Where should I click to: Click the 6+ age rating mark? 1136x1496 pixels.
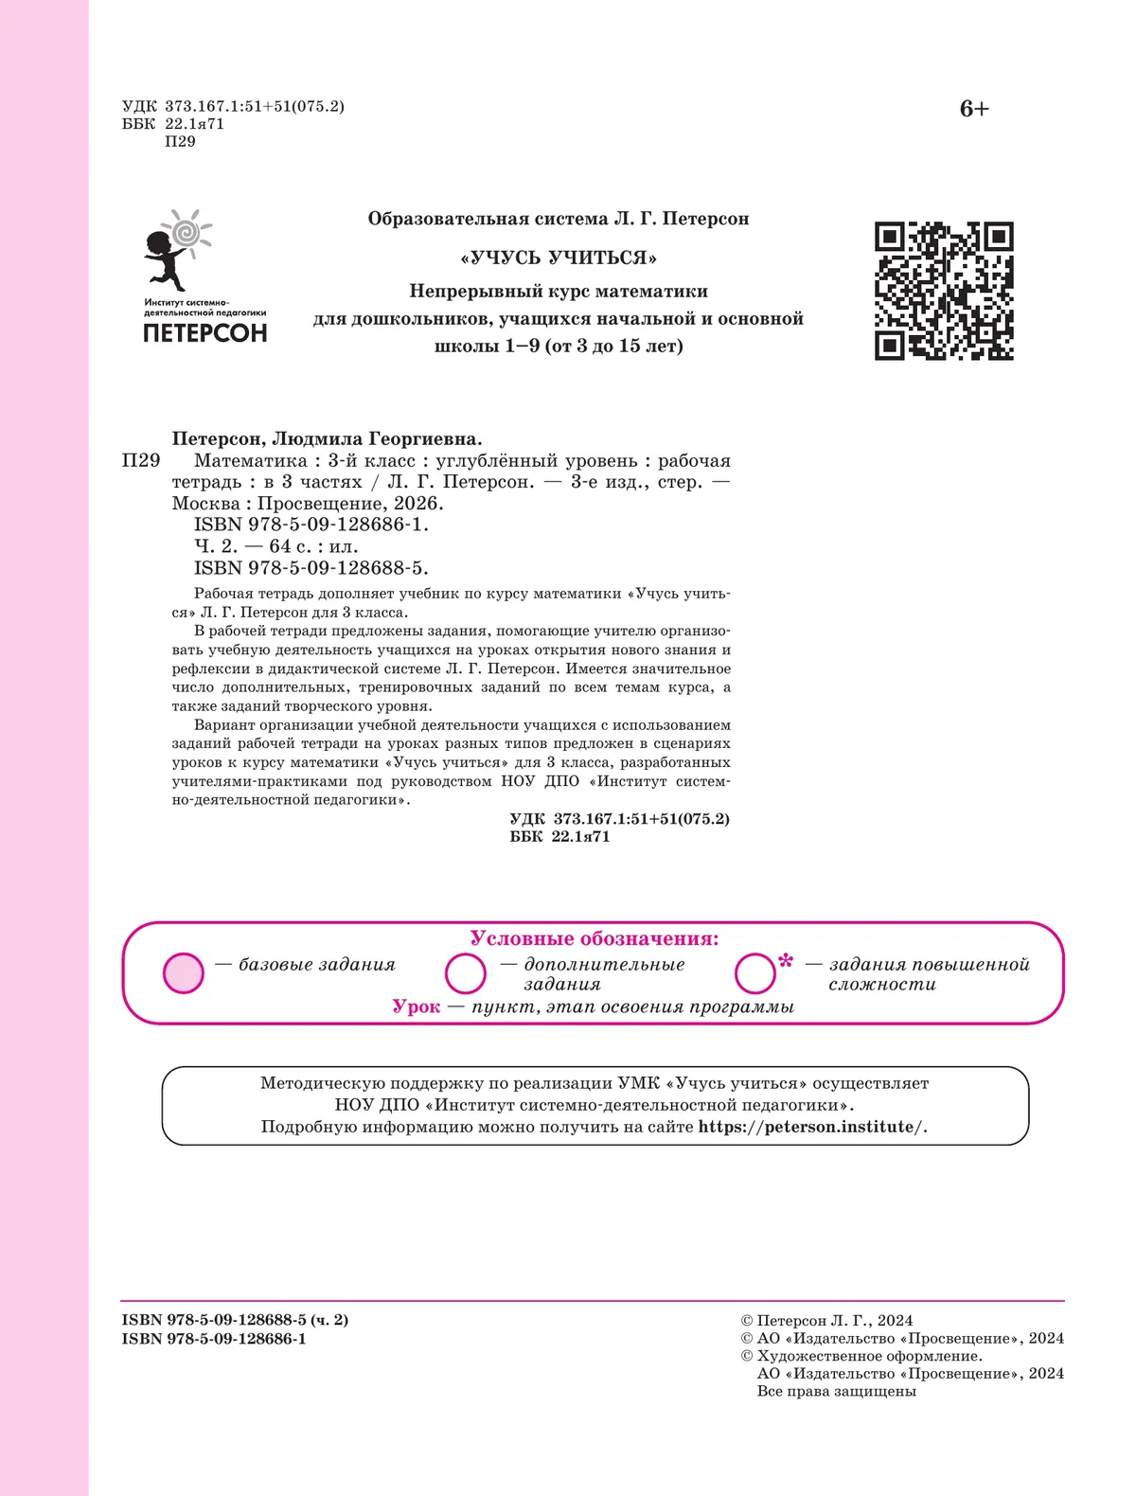pyautogui.click(x=974, y=109)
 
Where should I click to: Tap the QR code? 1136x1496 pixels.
pyautogui.click(x=944, y=291)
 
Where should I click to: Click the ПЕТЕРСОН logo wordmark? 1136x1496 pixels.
pyautogui.click(x=204, y=333)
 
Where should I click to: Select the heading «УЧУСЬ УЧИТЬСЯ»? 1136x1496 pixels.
pyautogui.click(x=559, y=258)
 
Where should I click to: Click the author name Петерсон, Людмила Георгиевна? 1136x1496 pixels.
pyautogui.click(x=327, y=438)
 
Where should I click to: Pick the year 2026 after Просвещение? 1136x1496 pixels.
pyautogui.click(x=418, y=504)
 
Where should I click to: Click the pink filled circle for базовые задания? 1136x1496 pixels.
pyautogui.click(x=184, y=973)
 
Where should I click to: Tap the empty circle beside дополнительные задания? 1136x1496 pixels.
pyautogui.click(x=466, y=973)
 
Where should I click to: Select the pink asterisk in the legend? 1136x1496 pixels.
pyautogui.click(x=785, y=963)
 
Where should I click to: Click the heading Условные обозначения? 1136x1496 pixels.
pyautogui.click(x=595, y=938)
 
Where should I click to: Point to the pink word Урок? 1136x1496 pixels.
pyautogui.click(x=417, y=1006)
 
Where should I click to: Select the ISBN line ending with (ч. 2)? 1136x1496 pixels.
pyautogui.click(x=235, y=1320)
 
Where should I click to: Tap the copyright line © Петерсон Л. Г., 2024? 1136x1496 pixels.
pyautogui.click(x=826, y=1320)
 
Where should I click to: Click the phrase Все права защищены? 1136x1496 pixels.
pyautogui.click(x=837, y=1391)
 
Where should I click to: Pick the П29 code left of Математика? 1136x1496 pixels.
pyautogui.click(x=141, y=461)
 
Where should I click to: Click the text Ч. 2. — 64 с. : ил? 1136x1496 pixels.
pyautogui.click(x=276, y=546)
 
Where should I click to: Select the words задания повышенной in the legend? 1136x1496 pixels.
pyautogui.click(x=930, y=965)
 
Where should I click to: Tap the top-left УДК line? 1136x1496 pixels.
pyautogui.click(x=233, y=106)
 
